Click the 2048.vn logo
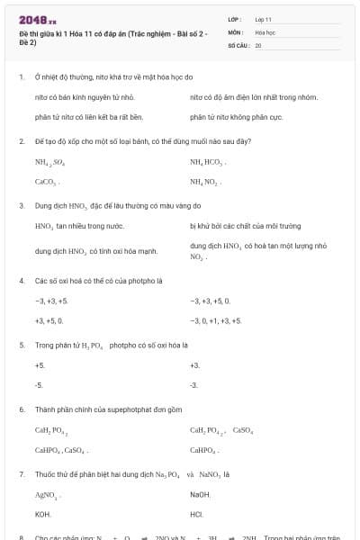37,19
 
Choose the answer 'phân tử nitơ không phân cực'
237,116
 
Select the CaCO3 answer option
46,182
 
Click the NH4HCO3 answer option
208,162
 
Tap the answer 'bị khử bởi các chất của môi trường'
245,226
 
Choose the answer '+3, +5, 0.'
49,319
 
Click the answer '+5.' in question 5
40,365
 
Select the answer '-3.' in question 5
39,385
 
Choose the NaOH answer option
200,494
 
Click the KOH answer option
42,514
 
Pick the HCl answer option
197,514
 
